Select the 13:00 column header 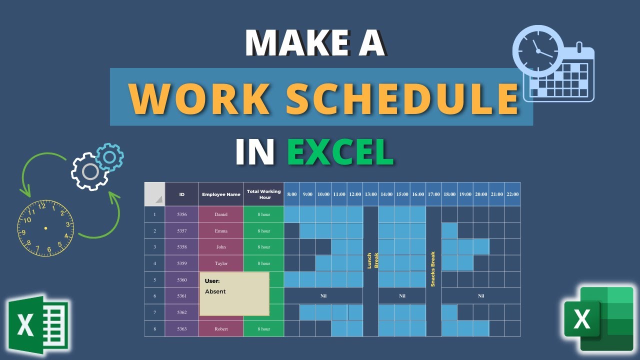pyautogui.click(x=370, y=194)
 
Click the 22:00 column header pyautogui.click(x=512, y=194)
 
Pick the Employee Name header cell pyautogui.click(x=221, y=194)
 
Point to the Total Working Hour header pyautogui.click(x=263, y=194)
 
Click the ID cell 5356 pyautogui.click(x=181, y=214)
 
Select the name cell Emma pyautogui.click(x=221, y=231)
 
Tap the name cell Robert pyautogui.click(x=221, y=329)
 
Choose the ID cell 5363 pyautogui.click(x=181, y=329)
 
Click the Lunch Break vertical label pyautogui.click(x=370, y=260)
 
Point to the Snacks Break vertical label pyautogui.click(x=433, y=269)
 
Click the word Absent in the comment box pyautogui.click(x=215, y=291)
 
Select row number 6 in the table pyautogui.click(x=154, y=296)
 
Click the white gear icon pyautogui.click(x=90, y=172)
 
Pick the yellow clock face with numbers pyautogui.click(x=45, y=228)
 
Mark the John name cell pyautogui.click(x=221, y=247)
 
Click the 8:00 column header pyautogui.click(x=292, y=194)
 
